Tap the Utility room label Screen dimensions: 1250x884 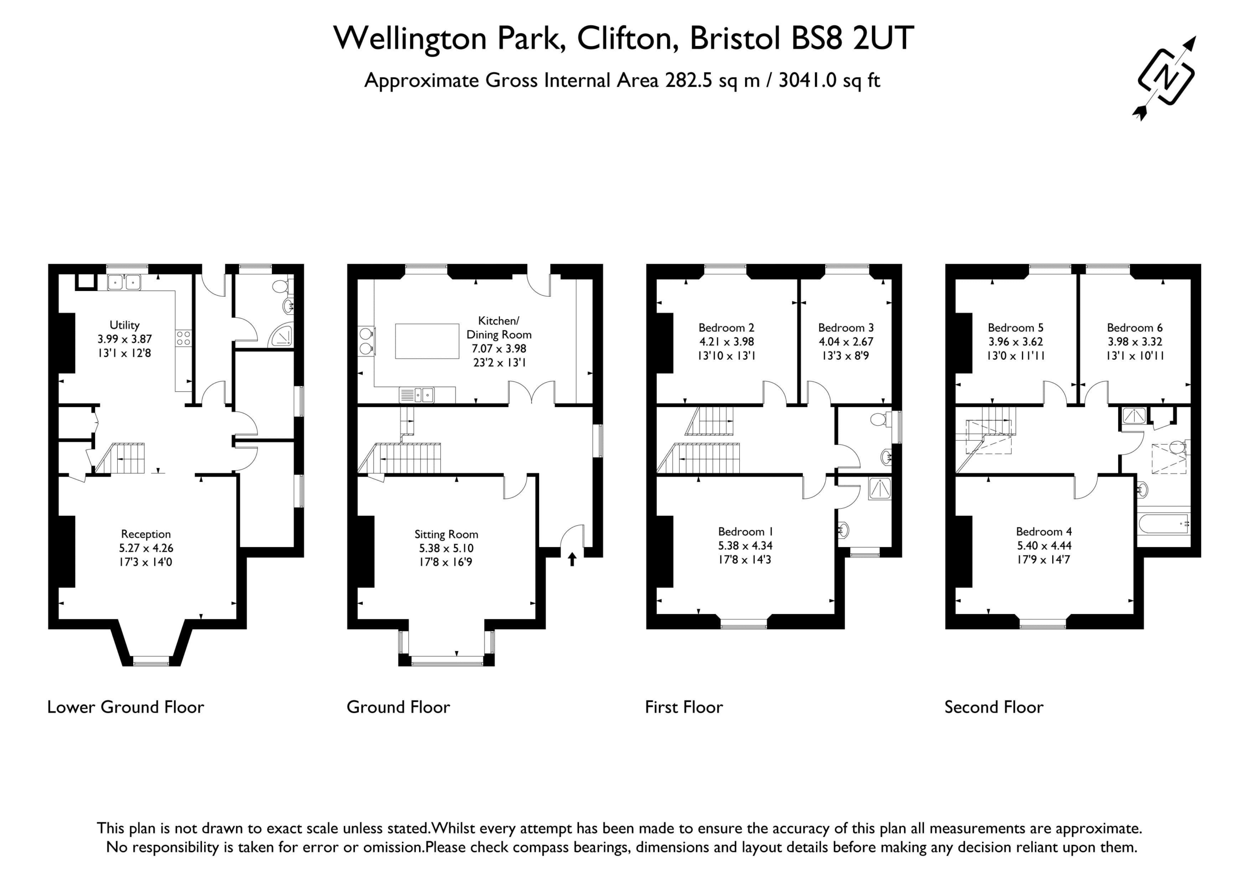(x=125, y=325)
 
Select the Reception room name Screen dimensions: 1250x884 (x=146, y=534)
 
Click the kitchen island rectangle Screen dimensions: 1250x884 (x=427, y=341)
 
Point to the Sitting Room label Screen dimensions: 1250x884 (x=446, y=535)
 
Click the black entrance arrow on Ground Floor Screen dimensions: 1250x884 (x=572, y=559)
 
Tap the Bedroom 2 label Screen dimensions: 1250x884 (x=726, y=328)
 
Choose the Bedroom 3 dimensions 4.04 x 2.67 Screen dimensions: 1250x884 (x=846, y=342)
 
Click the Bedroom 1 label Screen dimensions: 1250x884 (x=745, y=531)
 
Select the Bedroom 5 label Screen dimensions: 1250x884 (x=1016, y=328)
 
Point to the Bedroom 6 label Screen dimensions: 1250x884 (x=1135, y=328)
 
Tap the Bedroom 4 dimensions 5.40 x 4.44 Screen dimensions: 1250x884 (x=1044, y=545)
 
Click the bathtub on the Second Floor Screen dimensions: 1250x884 (x=1164, y=524)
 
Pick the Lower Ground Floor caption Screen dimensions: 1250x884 (x=126, y=707)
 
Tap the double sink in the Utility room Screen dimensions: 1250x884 (x=124, y=283)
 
